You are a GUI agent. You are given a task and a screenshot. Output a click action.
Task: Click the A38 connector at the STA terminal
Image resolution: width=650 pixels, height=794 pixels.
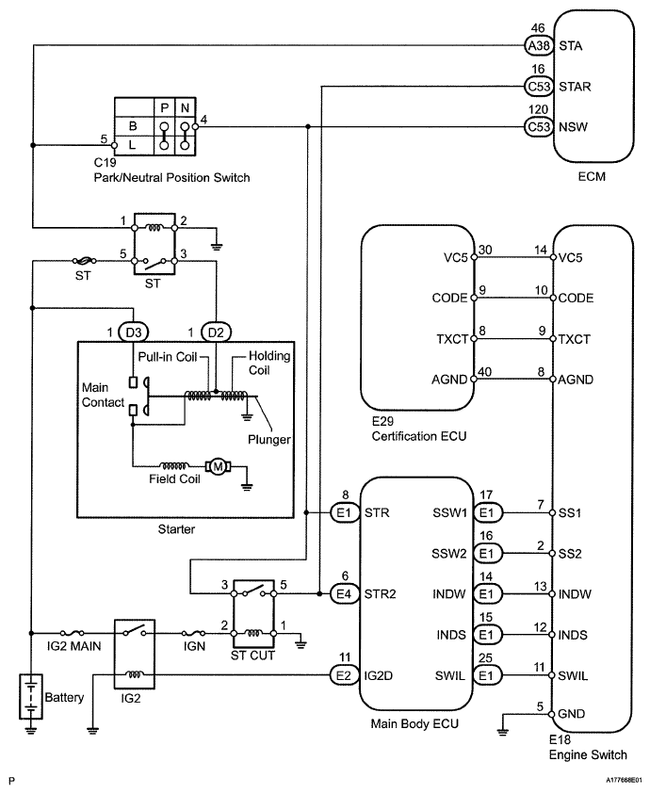[537, 44]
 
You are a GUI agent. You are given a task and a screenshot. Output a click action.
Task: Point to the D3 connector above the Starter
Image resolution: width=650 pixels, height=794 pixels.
[135, 332]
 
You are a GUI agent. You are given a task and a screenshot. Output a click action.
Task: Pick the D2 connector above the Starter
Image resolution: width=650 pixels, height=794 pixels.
[217, 332]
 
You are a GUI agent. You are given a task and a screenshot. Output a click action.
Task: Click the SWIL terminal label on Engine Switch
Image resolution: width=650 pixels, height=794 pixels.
[574, 674]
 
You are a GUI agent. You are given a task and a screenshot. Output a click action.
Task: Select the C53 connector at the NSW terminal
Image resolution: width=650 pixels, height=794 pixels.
[537, 125]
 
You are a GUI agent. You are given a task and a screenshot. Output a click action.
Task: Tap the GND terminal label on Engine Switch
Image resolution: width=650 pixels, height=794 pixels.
[572, 715]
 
